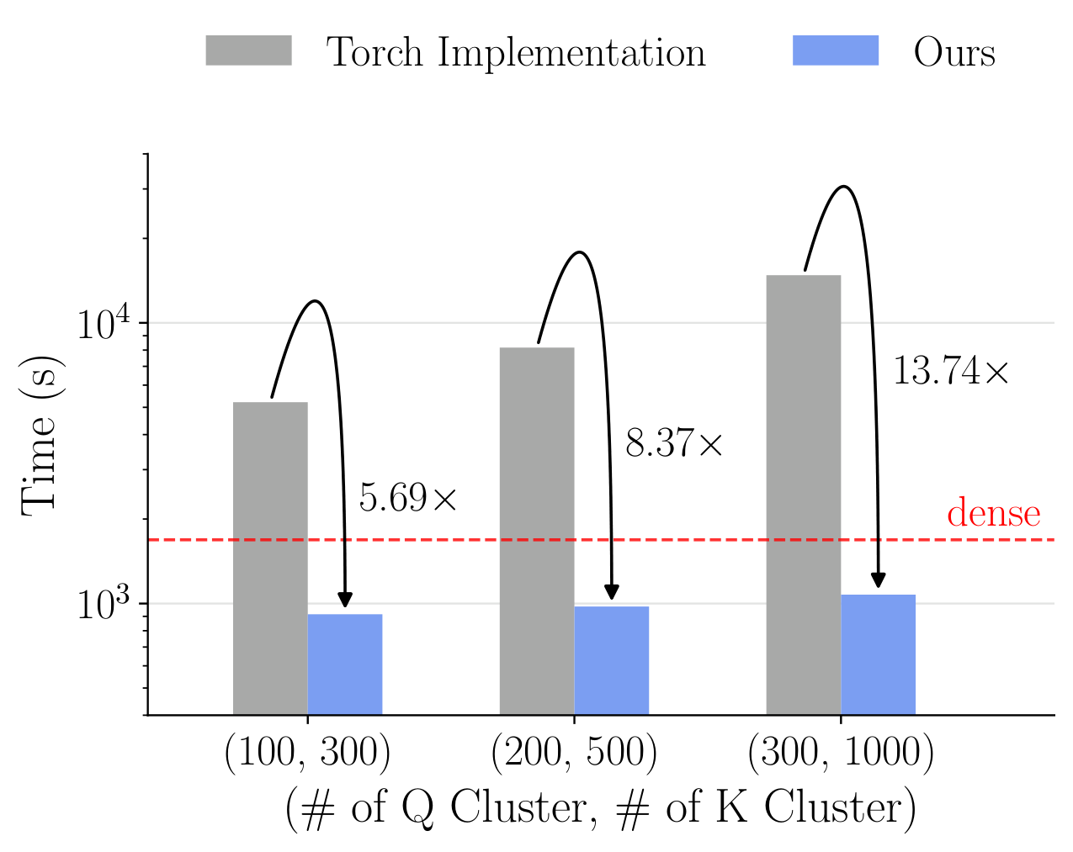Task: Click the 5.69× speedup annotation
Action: coord(407,499)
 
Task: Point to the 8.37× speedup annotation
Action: coord(674,443)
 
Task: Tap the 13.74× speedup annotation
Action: coord(950,371)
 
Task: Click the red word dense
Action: coord(993,513)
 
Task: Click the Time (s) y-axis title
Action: coord(40,434)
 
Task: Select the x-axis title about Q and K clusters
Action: coord(600,808)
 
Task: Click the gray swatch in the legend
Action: coord(248,51)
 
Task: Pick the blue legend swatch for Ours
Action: coord(835,51)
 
